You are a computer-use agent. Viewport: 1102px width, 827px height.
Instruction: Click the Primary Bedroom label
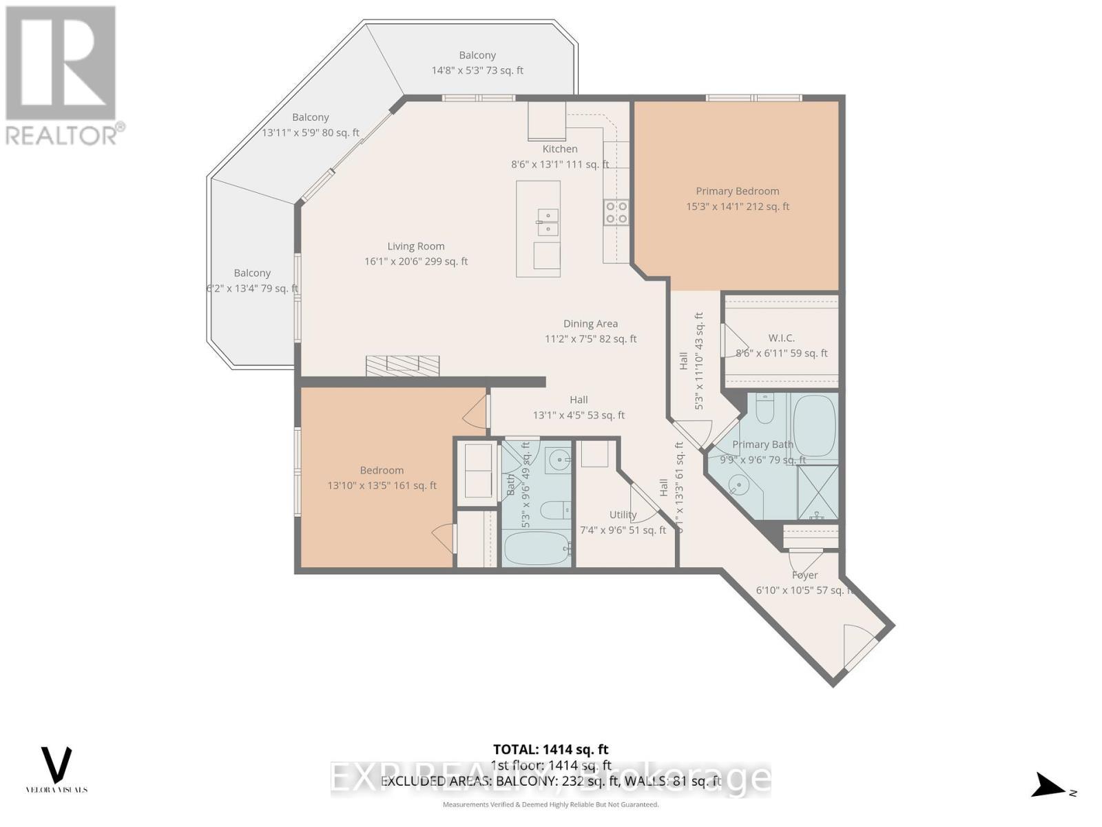[737, 192]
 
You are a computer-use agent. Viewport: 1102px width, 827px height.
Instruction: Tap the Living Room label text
[415, 247]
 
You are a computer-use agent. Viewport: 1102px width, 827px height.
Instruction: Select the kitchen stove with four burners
[616, 212]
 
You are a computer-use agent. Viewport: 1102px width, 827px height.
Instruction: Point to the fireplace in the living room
[402, 365]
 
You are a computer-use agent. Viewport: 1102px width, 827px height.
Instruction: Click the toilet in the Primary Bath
[765, 409]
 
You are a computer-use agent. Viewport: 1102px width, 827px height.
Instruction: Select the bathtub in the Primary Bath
[814, 426]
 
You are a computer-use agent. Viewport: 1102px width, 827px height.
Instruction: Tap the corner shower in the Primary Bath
[818, 492]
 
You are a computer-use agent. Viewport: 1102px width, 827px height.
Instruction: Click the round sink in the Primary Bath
[738, 486]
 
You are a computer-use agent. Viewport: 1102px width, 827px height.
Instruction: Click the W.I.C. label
[781, 338]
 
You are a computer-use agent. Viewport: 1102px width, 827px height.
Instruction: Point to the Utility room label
[623, 515]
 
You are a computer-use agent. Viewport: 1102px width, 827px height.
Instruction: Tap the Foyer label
[804, 575]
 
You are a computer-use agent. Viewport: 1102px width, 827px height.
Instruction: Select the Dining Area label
[590, 324]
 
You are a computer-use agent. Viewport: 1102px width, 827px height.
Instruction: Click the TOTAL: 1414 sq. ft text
[550, 749]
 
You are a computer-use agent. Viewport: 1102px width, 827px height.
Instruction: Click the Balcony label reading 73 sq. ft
[477, 63]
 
